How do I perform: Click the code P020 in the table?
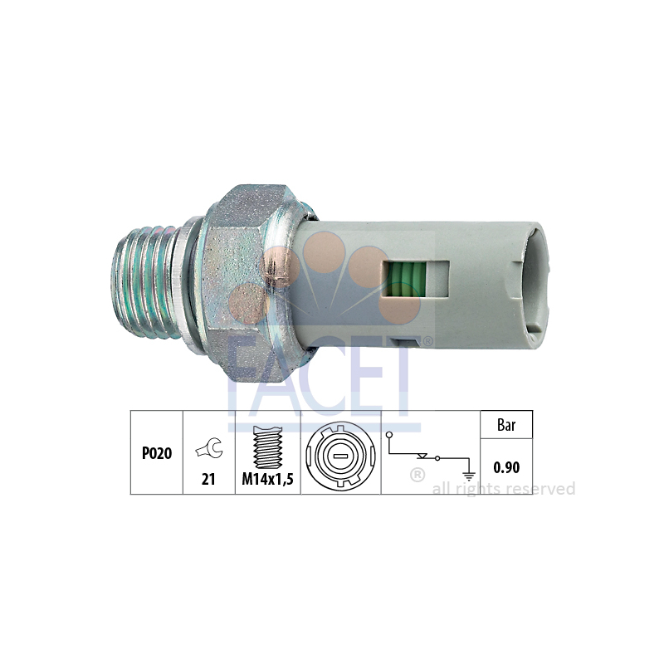157,453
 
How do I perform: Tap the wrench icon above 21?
209,448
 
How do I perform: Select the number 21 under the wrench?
208,479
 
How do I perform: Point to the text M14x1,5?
267,479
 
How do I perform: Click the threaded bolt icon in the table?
267,447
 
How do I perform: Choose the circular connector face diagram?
340,456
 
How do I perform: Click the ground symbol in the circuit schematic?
469,476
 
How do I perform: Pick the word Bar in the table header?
506,425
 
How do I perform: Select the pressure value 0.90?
506,467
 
